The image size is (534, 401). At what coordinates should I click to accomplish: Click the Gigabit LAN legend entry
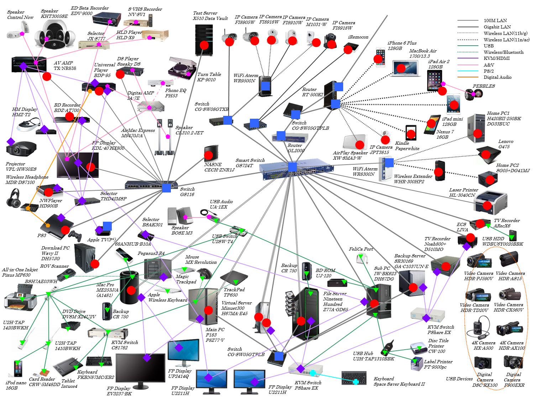click(497, 27)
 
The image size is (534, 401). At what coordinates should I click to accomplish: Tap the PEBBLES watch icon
click(473, 94)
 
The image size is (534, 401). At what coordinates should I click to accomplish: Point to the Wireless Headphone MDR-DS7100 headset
click(14, 198)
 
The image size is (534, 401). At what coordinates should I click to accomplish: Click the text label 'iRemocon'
click(358, 37)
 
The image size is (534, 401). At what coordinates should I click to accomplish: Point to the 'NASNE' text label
click(213, 165)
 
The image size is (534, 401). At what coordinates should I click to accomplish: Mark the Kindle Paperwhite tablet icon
click(411, 133)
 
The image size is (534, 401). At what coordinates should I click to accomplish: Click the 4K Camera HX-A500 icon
click(478, 330)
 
